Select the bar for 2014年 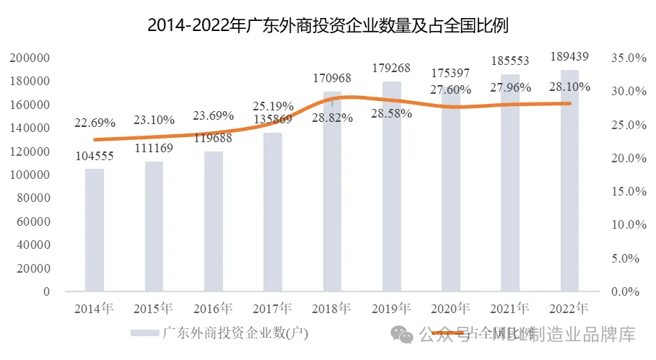click(95, 230)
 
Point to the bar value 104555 click(95, 157)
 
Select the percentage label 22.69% click(95, 123)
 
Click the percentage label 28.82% click(332, 118)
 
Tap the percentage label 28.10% click(569, 87)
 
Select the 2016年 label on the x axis click(213, 309)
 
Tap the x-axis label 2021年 click(510, 309)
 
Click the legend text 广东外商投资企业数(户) click(235, 333)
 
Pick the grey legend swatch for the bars click(144, 333)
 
